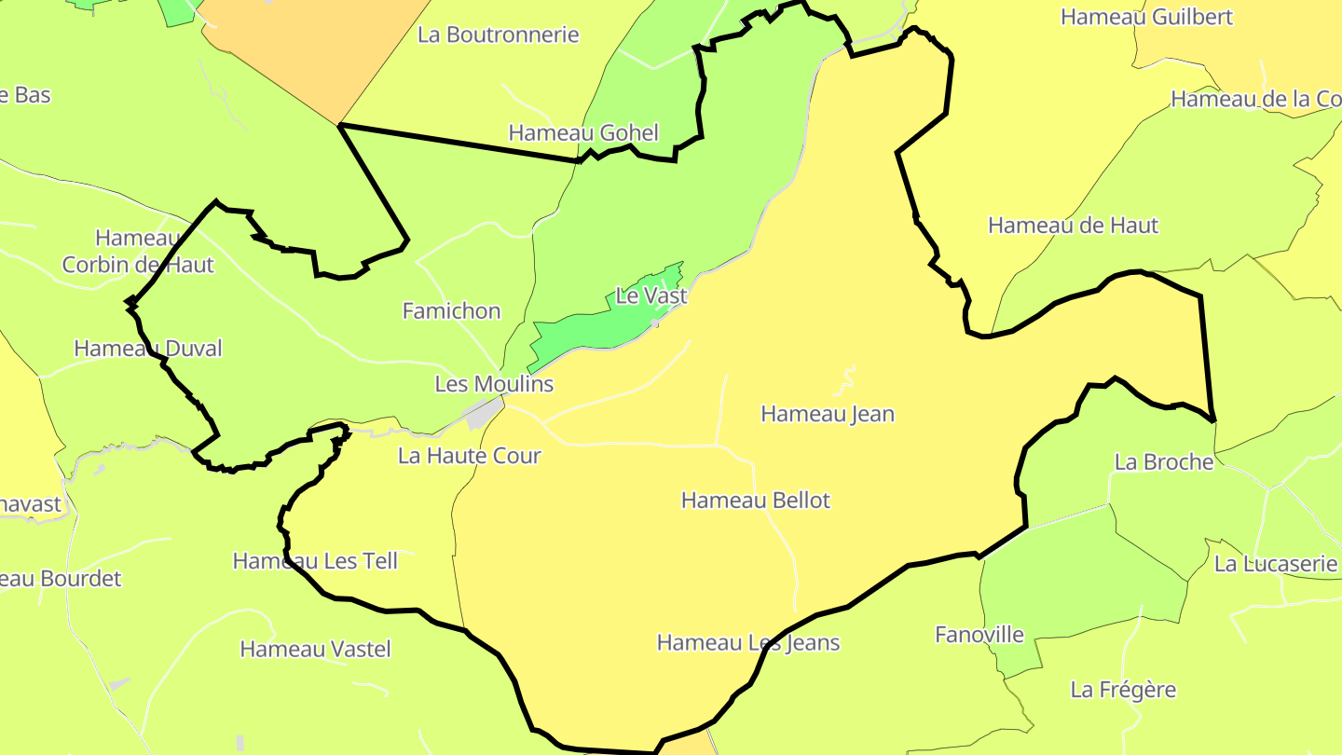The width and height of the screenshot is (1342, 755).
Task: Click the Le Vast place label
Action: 651,296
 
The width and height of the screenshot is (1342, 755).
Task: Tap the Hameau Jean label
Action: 828,414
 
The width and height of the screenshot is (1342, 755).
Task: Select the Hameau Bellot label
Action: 755,501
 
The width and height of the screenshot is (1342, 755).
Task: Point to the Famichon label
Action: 451,311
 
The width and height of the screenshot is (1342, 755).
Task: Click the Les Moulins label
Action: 494,384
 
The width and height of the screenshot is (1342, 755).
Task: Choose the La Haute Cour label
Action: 469,456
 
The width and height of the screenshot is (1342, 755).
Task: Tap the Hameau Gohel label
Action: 583,133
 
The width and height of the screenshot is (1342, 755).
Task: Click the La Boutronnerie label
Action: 498,35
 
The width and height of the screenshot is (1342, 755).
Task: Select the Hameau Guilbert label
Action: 1146,17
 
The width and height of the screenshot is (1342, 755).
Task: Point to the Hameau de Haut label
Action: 1073,226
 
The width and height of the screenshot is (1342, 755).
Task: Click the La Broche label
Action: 1164,462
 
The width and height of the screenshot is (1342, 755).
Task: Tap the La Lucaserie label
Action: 1275,564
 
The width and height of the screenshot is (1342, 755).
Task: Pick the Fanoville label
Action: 979,636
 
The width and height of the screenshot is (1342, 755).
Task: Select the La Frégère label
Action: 1123,691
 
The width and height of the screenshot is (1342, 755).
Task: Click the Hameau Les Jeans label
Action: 748,643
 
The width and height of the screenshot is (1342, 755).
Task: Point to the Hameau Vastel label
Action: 315,650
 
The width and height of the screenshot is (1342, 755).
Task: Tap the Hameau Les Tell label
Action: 315,561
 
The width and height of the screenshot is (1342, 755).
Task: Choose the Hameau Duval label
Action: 148,349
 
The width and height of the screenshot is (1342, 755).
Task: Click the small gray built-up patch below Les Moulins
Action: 483,413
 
